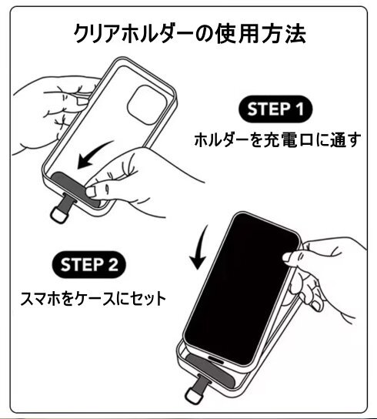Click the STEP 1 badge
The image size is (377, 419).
click(x=275, y=109)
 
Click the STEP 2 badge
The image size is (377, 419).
click(x=89, y=264)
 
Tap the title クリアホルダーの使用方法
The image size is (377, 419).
click(x=189, y=34)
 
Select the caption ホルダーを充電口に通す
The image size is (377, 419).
click(x=278, y=139)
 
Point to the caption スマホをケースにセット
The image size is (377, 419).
click(x=93, y=299)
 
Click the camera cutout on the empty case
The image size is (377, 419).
click(x=147, y=105)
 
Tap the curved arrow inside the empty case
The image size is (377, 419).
click(x=93, y=156)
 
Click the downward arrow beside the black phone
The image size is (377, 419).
click(x=200, y=247)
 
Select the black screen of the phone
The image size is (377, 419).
click(x=242, y=289)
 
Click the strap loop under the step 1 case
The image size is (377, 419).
click(x=58, y=214)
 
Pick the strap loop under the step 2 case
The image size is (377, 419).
click(x=195, y=395)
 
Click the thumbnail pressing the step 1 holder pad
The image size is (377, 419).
click(x=91, y=191)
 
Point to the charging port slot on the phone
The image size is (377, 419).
click(x=215, y=359)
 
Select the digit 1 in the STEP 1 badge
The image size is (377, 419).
click(x=299, y=109)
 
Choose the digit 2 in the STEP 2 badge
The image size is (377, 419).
click(x=112, y=265)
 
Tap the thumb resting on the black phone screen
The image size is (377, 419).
click(x=291, y=256)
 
